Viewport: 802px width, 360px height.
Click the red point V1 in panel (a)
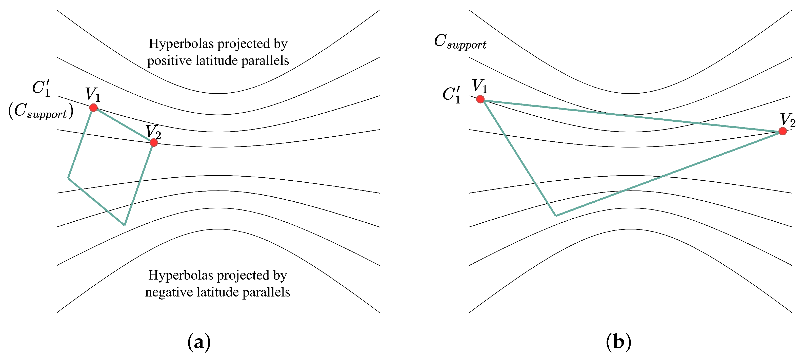point(93,108)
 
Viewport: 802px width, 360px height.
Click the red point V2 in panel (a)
point(153,142)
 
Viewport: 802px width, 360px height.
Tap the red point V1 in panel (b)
point(480,99)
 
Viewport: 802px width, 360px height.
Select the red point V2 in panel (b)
point(783,131)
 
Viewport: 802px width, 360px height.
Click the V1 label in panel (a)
point(93,95)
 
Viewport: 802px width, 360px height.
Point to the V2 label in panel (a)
point(153,132)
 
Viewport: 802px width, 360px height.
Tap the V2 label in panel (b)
point(788,120)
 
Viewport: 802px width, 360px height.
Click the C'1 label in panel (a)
point(41,88)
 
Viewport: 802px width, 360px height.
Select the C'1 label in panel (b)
point(451,94)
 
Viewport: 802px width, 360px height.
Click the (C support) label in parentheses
point(41,111)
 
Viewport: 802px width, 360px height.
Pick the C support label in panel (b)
point(460,42)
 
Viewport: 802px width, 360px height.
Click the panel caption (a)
point(199,342)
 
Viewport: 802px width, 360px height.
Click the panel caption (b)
point(618,342)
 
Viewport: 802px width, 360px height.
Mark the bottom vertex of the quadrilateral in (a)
point(124,225)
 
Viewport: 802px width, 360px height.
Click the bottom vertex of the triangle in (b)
point(556,215)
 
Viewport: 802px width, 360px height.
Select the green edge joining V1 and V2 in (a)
point(124,125)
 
